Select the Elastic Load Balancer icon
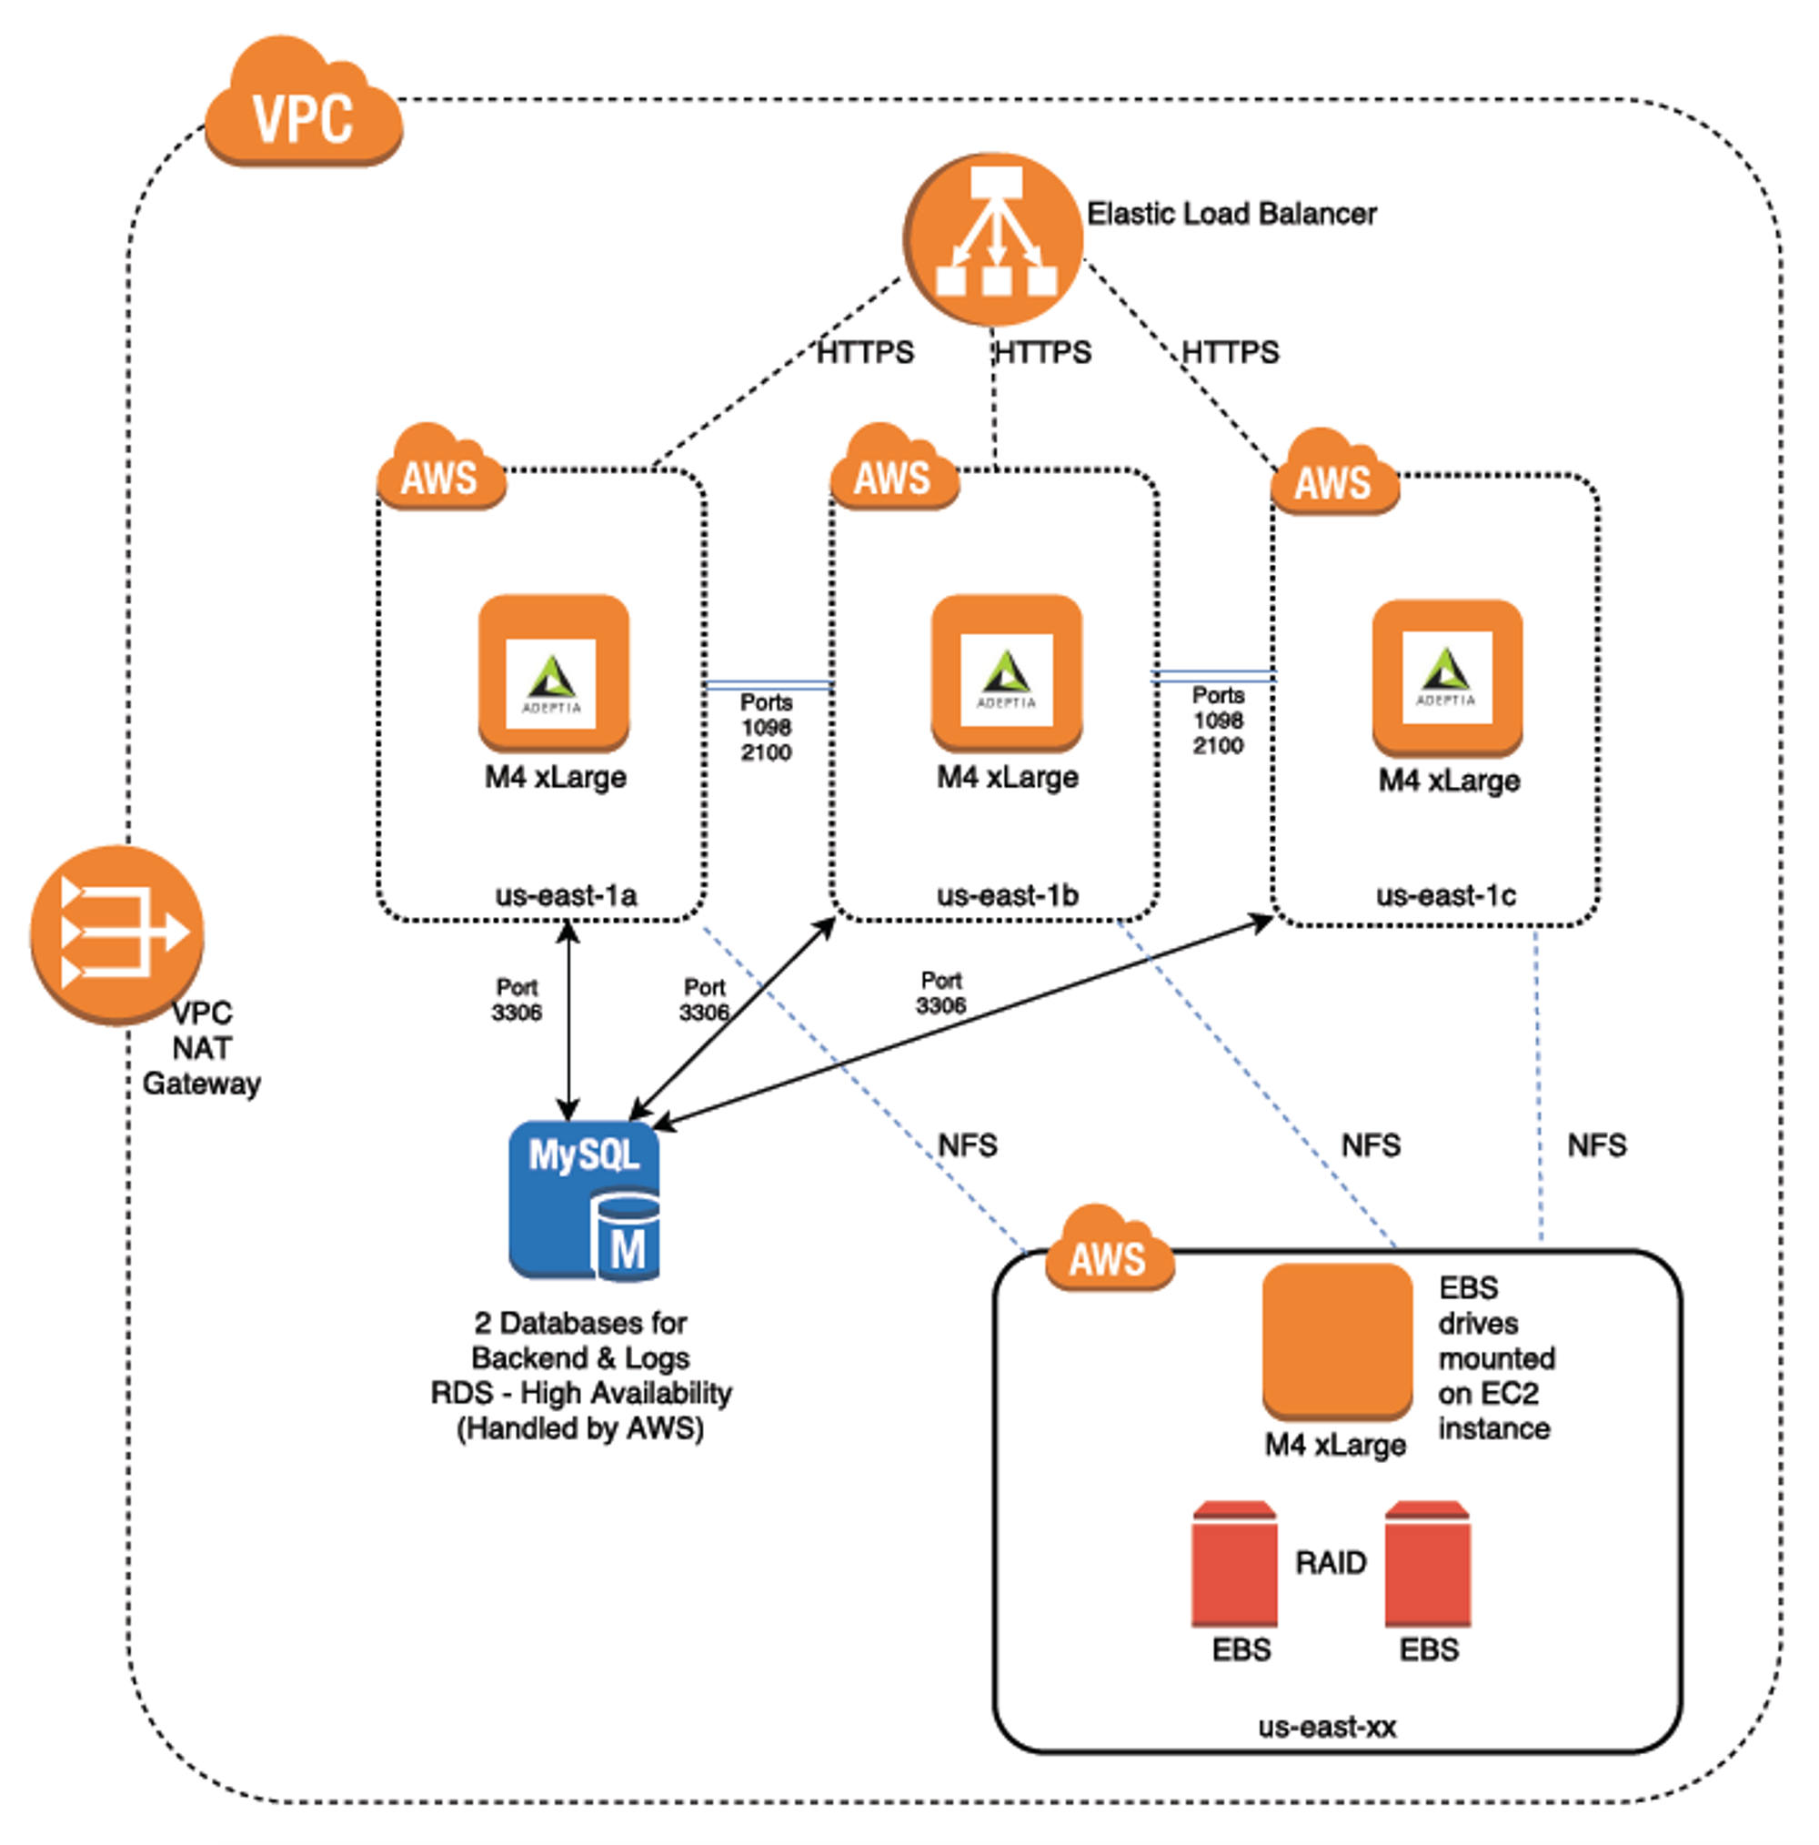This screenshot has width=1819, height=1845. (994, 238)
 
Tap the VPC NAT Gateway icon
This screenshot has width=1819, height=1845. (116, 933)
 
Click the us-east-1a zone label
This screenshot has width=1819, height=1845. (566, 895)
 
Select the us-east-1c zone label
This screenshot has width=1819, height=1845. (1444, 895)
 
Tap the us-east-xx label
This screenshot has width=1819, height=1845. (1326, 1727)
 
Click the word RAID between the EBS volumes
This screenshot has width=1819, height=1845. (1330, 1562)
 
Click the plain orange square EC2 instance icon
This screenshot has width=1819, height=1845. (1337, 1340)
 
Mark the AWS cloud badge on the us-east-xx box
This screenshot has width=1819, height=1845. (1109, 1250)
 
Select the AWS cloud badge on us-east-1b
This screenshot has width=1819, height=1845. (894, 469)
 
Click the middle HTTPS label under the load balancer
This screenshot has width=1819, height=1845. (1042, 352)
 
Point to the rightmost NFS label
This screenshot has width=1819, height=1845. (1596, 1145)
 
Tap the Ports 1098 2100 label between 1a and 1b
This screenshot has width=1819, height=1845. (766, 728)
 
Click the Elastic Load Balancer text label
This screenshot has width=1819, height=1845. (1231, 214)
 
